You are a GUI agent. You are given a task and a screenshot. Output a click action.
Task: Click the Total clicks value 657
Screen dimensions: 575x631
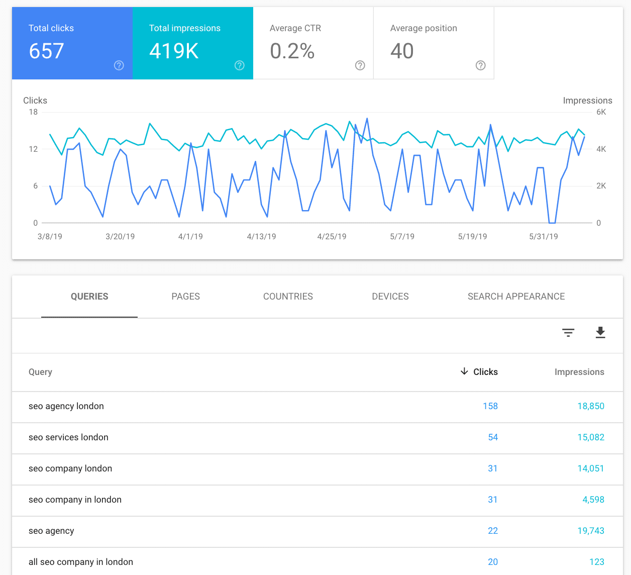tap(46, 51)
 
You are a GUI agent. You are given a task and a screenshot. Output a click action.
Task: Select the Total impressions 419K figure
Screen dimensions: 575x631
tap(174, 51)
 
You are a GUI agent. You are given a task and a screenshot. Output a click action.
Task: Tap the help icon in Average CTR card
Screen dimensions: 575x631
tap(360, 65)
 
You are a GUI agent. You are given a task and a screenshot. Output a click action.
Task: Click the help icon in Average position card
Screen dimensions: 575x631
tap(480, 65)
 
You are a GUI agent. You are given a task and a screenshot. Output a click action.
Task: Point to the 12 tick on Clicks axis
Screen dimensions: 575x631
tap(33, 149)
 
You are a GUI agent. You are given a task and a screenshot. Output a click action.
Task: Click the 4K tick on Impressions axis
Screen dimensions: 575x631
tap(601, 149)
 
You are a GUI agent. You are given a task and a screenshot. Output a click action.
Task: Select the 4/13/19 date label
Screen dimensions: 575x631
tap(261, 236)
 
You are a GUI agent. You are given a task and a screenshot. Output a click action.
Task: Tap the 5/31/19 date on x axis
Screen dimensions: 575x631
tap(543, 236)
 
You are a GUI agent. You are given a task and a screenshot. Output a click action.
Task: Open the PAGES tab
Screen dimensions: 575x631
tap(185, 297)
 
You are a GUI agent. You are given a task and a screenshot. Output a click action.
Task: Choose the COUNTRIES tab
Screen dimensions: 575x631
tap(288, 297)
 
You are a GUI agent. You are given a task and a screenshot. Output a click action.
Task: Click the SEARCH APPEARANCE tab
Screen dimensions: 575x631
tap(516, 297)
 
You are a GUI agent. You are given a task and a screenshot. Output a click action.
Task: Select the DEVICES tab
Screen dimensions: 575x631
tap(390, 297)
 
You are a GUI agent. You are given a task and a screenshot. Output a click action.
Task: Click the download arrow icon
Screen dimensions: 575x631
tap(600, 332)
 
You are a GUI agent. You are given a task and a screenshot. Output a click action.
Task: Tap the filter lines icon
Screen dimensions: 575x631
tap(568, 332)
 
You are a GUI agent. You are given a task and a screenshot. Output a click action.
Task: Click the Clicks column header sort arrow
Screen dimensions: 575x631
tap(464, 371)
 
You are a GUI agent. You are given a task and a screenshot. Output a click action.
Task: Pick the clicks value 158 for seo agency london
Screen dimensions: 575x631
tap(490, 406)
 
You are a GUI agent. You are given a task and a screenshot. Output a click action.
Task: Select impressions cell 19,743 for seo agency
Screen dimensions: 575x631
tap(590, 531)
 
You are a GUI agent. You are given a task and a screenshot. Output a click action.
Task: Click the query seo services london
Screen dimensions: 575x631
tap(68, 437)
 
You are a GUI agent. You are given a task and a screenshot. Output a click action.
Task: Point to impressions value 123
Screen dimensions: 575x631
tap(596, 562)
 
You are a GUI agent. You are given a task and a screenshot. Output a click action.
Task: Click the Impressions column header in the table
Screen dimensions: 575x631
tap(579, 372)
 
